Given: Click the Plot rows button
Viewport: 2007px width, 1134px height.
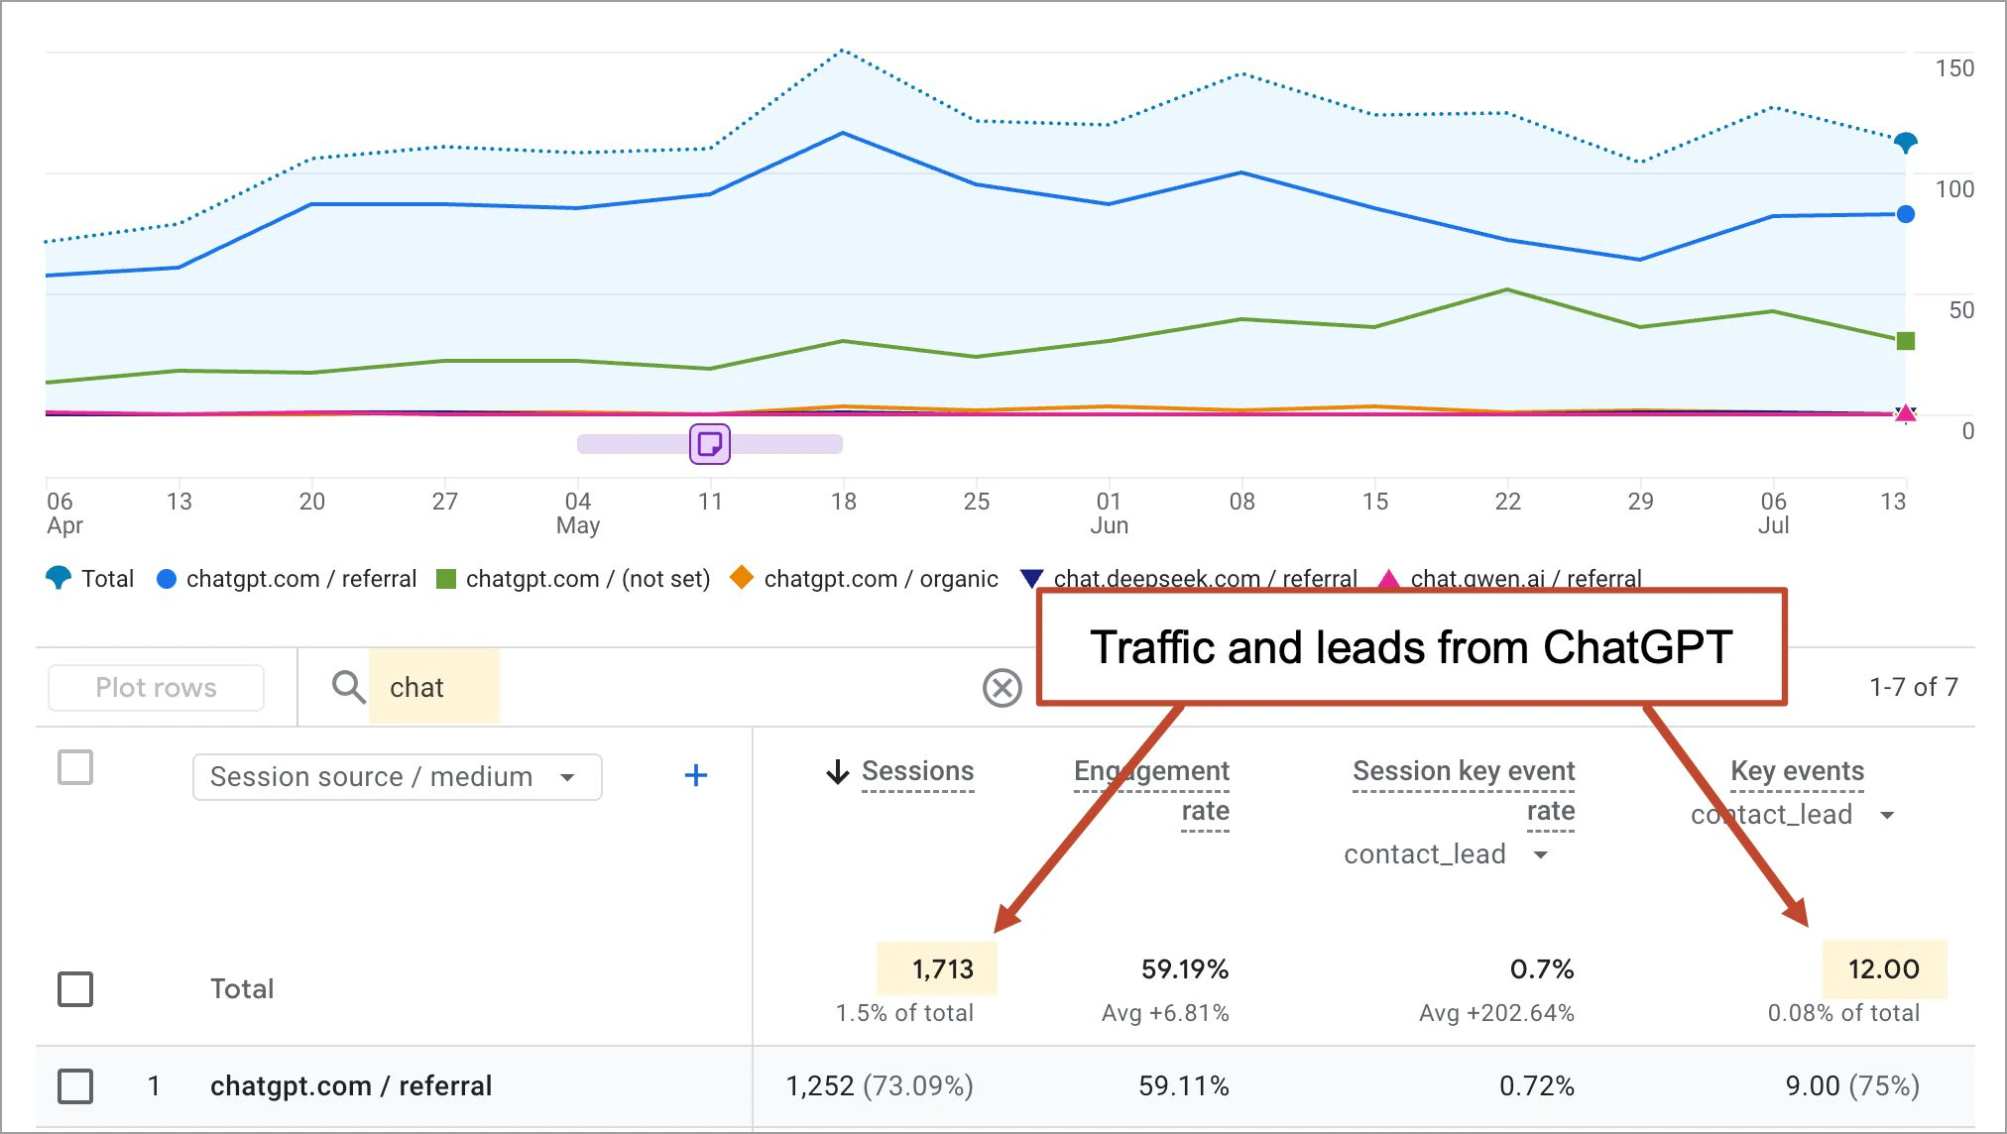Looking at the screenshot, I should pyautogui.click(x=156, y=688).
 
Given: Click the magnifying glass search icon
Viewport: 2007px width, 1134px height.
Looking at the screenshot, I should pyautogui.click(x=348, y=686).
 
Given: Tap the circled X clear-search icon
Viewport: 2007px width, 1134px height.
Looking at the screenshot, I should pyautogui.click(x=1002, y=687).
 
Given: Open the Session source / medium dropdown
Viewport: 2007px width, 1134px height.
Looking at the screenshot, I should pyautogui.click(x=397, y=777).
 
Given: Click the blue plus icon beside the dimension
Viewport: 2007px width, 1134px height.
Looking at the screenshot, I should pyautogui.click(x=696, y=775).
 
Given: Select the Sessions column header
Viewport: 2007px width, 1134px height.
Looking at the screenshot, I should pyautogui.click(x=916, y=771).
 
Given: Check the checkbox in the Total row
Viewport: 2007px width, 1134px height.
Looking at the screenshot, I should pyautogui.click(x=75, y=988).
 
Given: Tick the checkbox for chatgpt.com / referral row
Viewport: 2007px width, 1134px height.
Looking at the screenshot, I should pyautogui.click(x=75, y=1085).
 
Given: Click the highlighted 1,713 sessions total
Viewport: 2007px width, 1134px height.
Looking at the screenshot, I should pyautogui.click(x=941, y=968).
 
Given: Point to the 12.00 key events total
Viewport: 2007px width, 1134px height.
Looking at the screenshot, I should pyautogui.click(x=1883, y=968).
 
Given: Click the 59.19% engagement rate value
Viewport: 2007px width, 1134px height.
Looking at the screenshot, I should pyautogui.click(x=1184, y=968).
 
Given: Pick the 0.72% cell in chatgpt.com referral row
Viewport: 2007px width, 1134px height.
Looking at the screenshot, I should pyautogui.click(x=1536, y=1085).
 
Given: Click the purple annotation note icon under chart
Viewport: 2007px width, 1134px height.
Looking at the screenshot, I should pyautogui.click(x=710, y=444).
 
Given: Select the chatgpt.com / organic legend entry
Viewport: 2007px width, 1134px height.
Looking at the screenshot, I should pyautogui.click(x=880, y=579).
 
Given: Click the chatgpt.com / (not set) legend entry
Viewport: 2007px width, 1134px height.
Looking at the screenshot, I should pyautogui.click(x=587, y=579).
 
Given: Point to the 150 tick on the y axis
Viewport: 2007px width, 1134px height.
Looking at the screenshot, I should pyautogui.click(x=1953, y=68).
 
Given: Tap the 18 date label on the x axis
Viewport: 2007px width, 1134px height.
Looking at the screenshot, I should pyautogui.click(x=843, y=502).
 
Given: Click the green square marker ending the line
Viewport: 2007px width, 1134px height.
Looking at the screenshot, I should pyautogui.click(x=1905, y=341).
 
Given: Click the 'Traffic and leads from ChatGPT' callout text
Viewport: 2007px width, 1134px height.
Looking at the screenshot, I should pyautogui.click(x=1410, y=647).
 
